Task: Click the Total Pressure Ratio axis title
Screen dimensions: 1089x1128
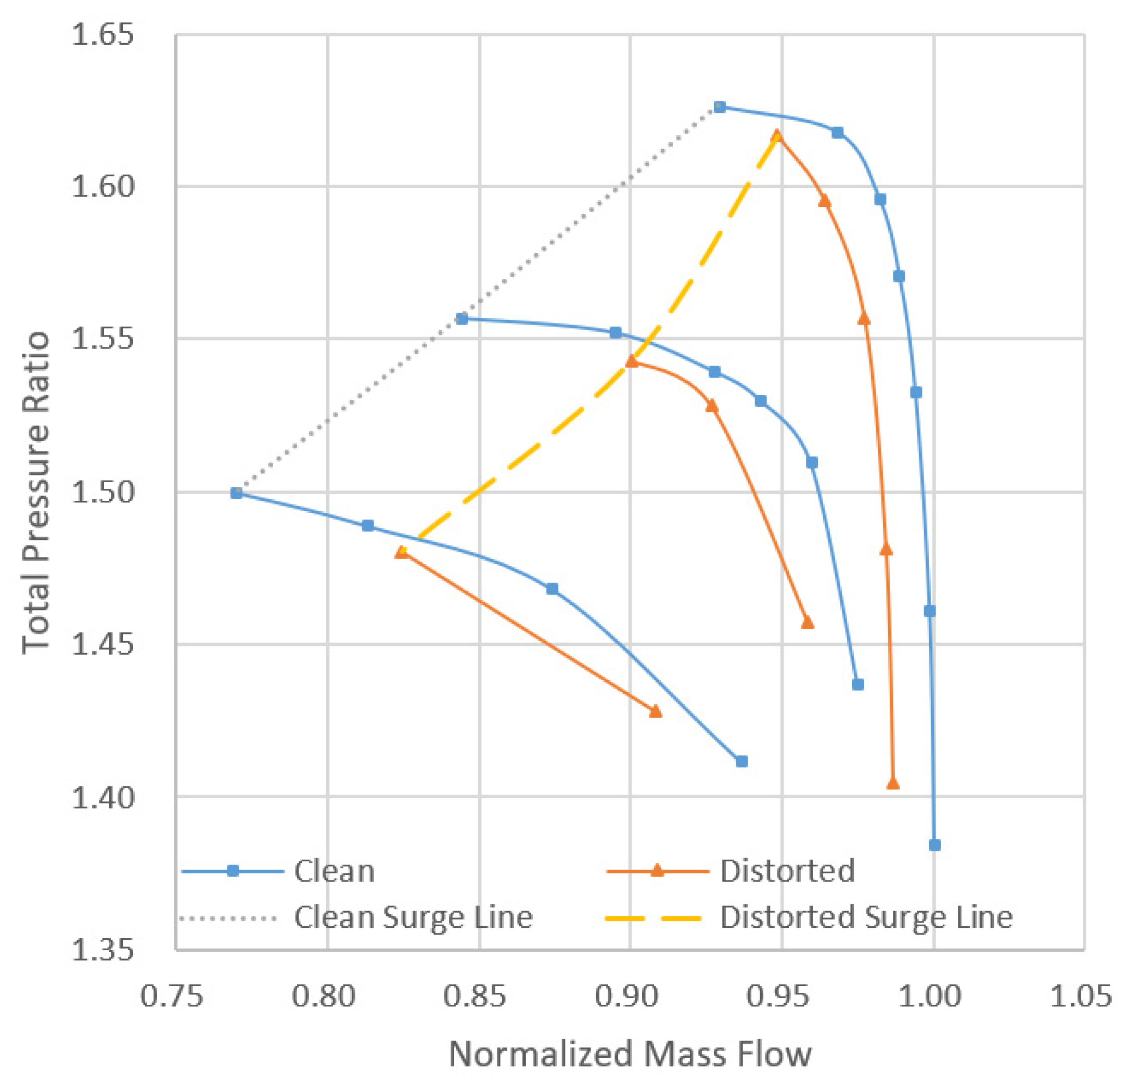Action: pyautogui.click(x=36, y=492)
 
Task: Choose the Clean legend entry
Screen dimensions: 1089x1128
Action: pyautogui.click(x=334, y=872)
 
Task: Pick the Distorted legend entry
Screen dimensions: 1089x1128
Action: pyautogui.click(x=787, y=872)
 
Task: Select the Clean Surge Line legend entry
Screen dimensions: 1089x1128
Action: pyautogui.click(x=413, y=917)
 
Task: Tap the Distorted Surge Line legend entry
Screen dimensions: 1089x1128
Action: pyautogui.click(x=866, y=917)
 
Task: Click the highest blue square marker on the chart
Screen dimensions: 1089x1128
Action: pyautogui.click(x=720, y=107)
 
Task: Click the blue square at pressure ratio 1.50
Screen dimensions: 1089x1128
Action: pyautogui.click(x=236, y=493)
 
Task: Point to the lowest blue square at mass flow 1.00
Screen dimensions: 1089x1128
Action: pyautogui.click(x=934, y=845)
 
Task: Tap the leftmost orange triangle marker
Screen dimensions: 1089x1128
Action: pyautogui.click(x=402, y=552)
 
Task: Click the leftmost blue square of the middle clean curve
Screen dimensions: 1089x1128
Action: pyautogui.click(x=462, y=319)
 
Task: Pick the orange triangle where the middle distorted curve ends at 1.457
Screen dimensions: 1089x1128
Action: pyautogui.click(x=807, y=623)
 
